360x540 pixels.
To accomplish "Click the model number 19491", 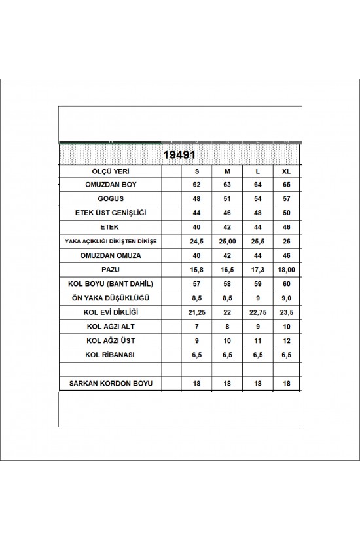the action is [x=179, y=156].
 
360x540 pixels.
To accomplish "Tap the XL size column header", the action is [x=285, y=171].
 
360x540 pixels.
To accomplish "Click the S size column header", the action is [x=196, y=171].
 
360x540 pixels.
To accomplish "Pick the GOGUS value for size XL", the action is [x=285, y=199].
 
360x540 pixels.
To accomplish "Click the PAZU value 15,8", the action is [x=196, y=269].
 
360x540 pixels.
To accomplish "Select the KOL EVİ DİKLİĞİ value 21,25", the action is [x=196, y=312].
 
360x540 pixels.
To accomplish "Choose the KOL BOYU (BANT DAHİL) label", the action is [x=109, y=283].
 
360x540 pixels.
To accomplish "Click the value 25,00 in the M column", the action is [x=227, y=241].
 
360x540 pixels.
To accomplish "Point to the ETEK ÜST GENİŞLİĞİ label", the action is [x=109, y=213].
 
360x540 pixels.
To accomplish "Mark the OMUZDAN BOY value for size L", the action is [x=256, y=185].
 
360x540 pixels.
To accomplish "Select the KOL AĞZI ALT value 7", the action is [x=196, y=326].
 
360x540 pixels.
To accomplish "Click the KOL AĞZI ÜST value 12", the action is [x=285, y=340].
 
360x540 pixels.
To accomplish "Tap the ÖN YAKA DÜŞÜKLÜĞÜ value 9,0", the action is [x=285, y=297].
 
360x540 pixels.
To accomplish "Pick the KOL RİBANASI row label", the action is [x=109, y=354].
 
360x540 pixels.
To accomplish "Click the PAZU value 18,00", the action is [x=285, y=269].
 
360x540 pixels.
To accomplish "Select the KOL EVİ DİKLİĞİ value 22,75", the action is [x=256, y=312].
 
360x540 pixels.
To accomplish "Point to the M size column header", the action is [x=227, y=171].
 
